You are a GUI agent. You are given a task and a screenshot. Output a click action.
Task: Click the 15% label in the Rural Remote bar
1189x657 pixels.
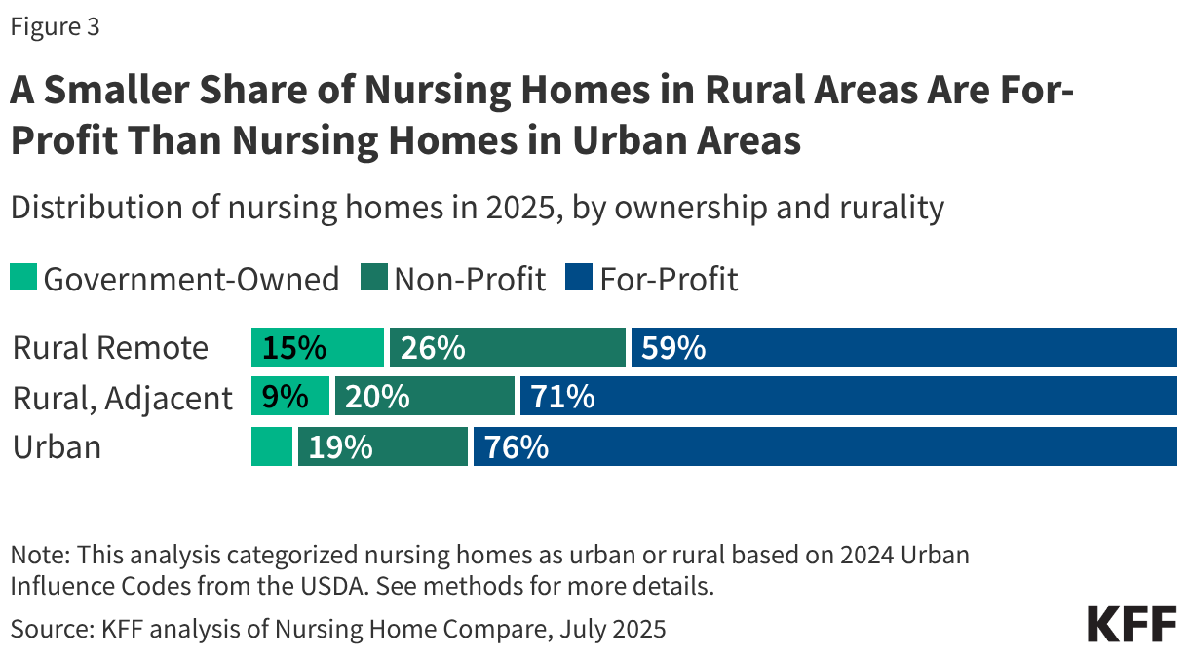point(289,347)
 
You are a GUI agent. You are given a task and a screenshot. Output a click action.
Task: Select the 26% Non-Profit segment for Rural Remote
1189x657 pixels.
point(507,347)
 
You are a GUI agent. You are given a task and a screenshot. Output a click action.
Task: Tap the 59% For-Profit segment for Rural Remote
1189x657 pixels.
point(903,347)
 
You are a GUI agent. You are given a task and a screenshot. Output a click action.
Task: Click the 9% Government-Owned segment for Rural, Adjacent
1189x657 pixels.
point(290,397)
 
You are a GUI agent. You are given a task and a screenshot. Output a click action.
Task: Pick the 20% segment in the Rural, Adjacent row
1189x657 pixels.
point(424,397)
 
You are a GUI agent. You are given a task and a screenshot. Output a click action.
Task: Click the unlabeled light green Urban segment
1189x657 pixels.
point(272,446)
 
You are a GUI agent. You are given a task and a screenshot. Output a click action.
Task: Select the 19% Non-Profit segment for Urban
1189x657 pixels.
point(382,446)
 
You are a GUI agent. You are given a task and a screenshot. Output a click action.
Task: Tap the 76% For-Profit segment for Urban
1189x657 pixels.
point(825,446)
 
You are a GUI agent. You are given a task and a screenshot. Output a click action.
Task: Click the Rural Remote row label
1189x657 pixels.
point(110,348)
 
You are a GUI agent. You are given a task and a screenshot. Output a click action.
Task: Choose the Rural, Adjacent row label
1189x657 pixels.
point(123,398)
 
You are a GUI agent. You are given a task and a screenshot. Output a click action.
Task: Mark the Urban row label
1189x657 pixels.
point(57,447)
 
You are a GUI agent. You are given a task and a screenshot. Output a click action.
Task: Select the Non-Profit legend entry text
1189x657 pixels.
point(469,280)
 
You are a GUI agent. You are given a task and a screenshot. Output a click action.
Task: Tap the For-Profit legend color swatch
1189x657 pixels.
point(578,280)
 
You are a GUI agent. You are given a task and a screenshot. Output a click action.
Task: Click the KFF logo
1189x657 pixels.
point(1131,624)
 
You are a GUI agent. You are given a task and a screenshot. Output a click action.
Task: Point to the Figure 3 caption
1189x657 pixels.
point(55,27)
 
